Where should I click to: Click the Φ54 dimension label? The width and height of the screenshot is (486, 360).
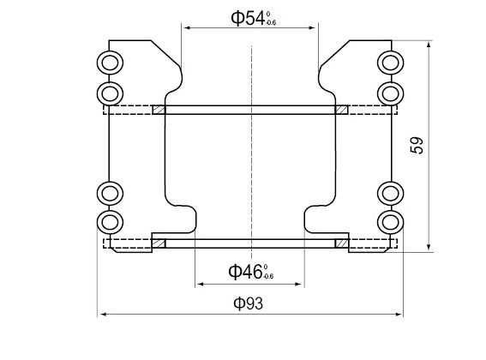coord(251,17)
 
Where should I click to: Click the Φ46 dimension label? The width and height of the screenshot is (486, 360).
coord(249,272)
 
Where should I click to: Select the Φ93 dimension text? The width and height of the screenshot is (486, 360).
coord(249,303)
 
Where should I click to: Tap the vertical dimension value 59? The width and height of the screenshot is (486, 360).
coord(418,145)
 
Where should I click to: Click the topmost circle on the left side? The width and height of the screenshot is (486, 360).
coord(109,62)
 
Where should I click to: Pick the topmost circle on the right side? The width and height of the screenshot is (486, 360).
coord(390,62)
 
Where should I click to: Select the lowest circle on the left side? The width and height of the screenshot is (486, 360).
coord(109,223)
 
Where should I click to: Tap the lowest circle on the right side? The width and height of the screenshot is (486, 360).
coord(390,223)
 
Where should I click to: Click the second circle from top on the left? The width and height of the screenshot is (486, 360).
coord(109,92)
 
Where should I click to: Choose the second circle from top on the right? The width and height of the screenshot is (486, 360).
coord(390,92)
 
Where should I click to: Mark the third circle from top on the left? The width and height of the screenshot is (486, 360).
coord(109,192)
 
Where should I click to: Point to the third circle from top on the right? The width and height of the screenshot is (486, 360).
coord(390,192)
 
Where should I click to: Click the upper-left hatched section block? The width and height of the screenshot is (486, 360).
coord(159,110)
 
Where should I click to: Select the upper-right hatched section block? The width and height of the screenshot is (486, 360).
coord(341,110)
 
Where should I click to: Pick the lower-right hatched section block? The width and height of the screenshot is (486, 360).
coord(342,243)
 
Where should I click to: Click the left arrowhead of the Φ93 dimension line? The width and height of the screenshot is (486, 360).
coord(99,315)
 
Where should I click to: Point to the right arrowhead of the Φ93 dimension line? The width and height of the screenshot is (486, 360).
coord(399,315)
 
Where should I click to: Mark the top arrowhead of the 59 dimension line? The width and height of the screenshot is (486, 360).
coord(429,42)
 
